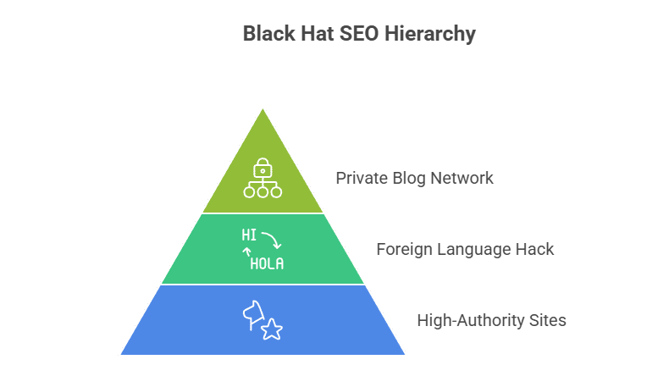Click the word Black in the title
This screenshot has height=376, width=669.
266,35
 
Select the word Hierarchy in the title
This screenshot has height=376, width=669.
431,35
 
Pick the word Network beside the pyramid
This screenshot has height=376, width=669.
461,179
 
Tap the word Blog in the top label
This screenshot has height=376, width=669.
410,179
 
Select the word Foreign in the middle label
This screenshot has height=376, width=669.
402,250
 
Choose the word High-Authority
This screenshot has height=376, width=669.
467,321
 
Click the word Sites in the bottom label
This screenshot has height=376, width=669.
545,321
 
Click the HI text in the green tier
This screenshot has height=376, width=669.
249,235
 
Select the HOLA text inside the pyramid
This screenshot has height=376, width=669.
267,263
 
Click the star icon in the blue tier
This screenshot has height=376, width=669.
272,329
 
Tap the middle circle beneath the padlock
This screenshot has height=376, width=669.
263,192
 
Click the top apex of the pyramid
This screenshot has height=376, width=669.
263,108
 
